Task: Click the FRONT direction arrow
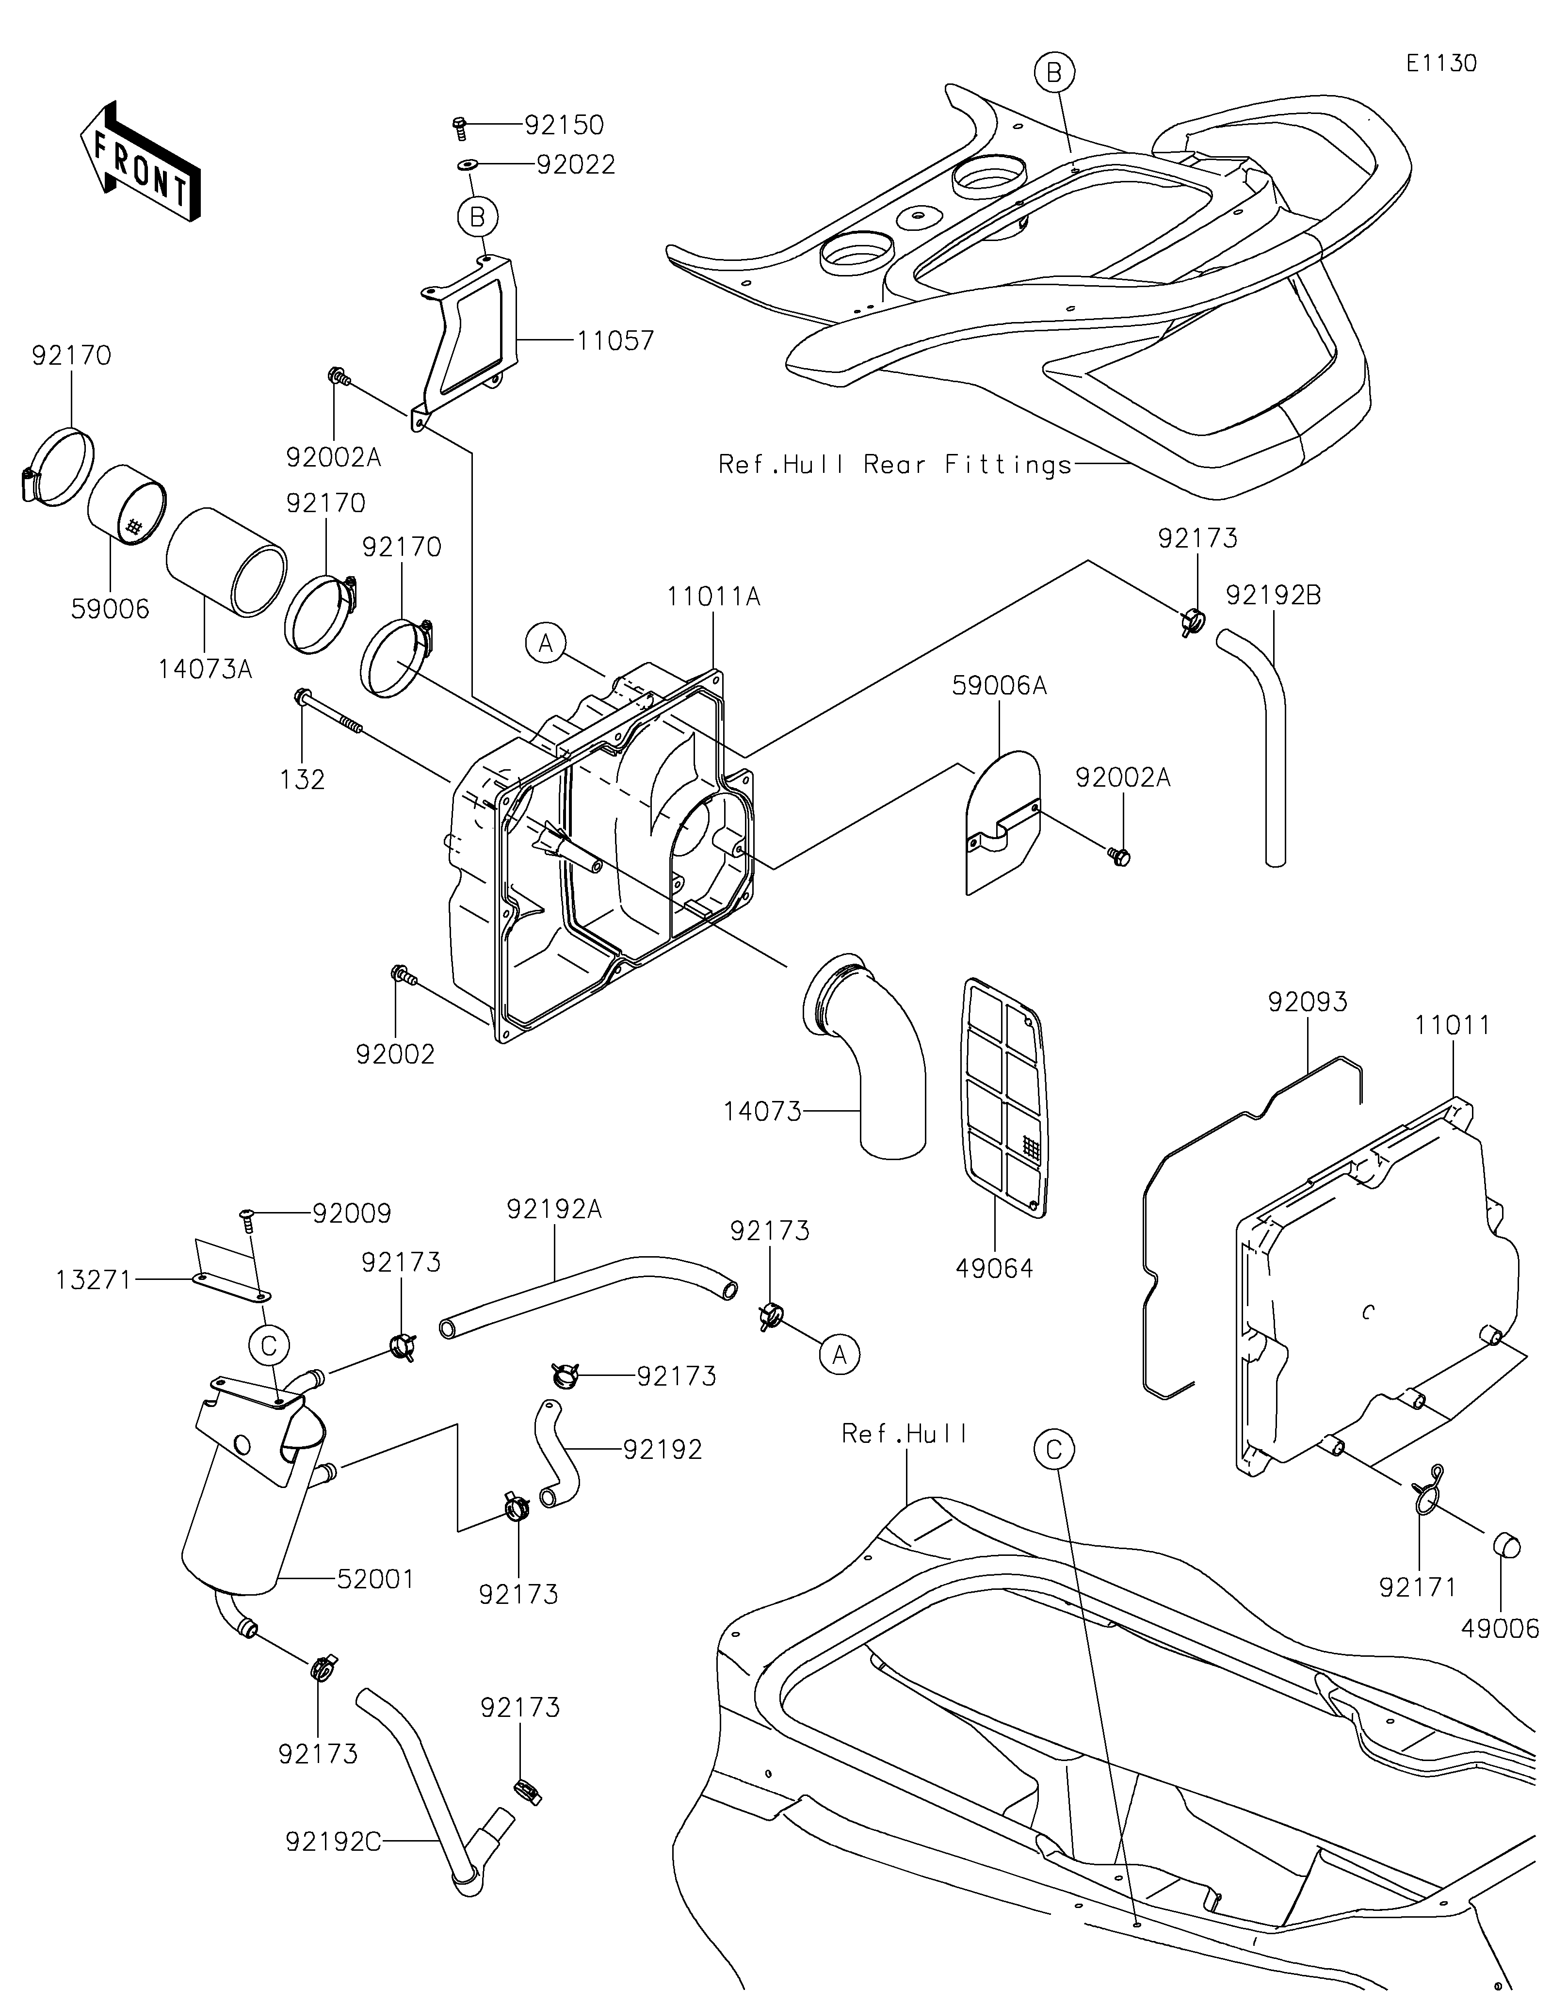pos(141,161)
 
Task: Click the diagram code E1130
pos(1441,64)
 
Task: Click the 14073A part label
pos(205,669)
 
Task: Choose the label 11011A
pos(713,597)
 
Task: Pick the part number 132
pos(303,779)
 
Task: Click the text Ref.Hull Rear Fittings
pos(895,465)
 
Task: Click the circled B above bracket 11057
pos(477,218)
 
